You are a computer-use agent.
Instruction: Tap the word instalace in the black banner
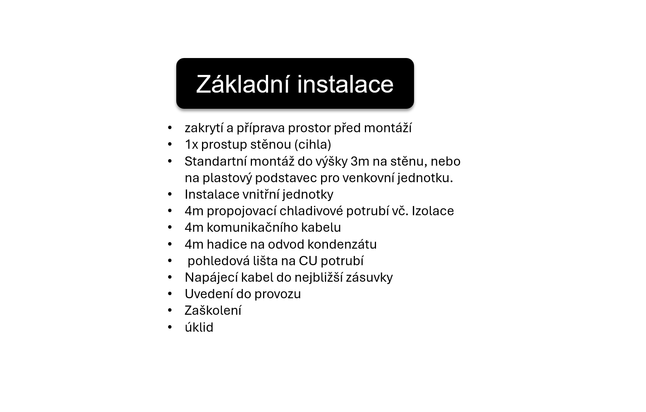tap(345, 84)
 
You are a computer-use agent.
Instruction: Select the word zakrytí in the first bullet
tap(204, 128)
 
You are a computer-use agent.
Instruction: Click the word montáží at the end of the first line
tap(388, 128)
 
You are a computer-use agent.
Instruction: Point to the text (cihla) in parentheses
tap(313, 144)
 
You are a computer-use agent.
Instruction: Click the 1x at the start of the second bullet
tap(192, 145)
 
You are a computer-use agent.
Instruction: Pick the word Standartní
tap(215, 161)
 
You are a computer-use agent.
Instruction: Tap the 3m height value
tap(360, 161)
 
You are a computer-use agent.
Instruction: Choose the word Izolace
tap(433, 211)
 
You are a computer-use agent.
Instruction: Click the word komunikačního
tap(253, 228)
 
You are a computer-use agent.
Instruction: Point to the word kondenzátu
tap(342, 244)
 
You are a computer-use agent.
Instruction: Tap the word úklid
tap(199, 327)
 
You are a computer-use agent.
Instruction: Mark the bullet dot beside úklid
tap(170, 327)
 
